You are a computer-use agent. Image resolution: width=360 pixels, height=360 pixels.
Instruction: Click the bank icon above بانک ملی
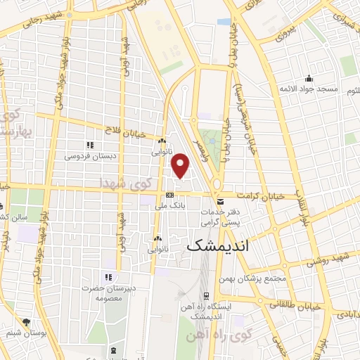point(169,195)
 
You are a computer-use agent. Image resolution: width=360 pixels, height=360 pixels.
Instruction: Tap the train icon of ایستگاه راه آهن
point(205,295)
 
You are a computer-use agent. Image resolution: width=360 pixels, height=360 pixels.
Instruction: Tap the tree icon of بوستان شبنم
point(27,321)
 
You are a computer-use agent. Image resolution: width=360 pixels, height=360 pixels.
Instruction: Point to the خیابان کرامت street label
point(262,197)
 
